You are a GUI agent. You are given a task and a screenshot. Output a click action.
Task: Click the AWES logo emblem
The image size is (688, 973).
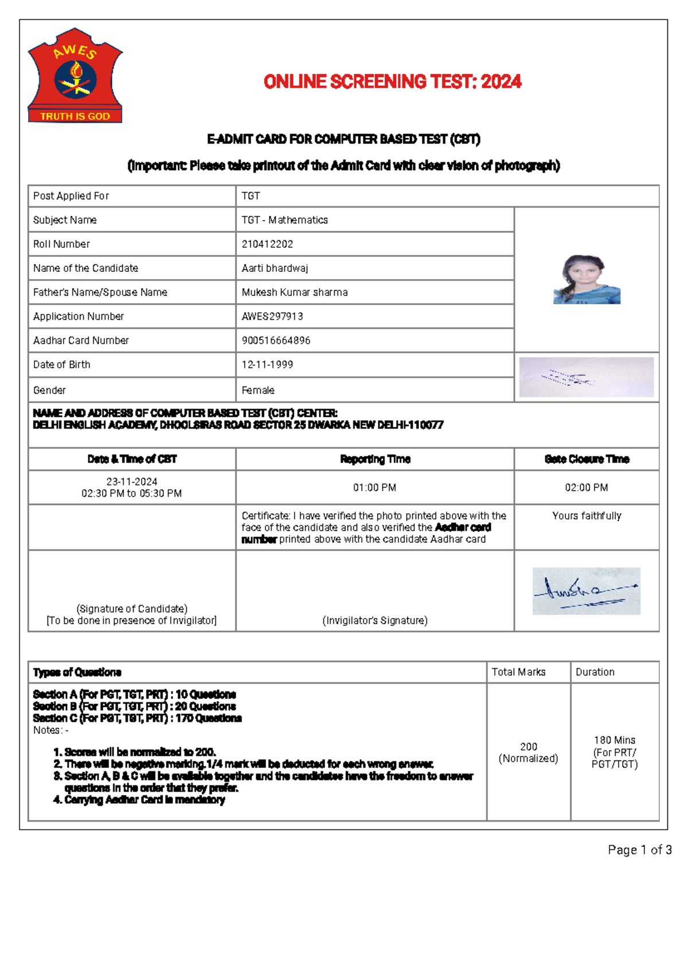tap(75, 75)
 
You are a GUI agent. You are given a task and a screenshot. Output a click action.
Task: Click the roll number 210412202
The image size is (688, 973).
tap(267, 244)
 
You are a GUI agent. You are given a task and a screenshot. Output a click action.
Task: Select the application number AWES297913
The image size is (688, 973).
tap(272, 316)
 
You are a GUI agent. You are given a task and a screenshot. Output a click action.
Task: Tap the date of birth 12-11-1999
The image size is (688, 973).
tap(267, 364)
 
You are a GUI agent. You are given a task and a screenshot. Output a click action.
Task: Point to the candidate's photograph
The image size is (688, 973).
tap(586, 279)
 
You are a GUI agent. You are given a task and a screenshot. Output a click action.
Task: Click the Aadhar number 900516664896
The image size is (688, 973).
tap(276, 340)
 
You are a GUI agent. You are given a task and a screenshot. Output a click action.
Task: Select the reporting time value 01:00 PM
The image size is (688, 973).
tap(374, 487)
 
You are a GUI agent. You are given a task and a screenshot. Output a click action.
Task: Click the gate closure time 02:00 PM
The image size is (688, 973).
tap(586, 487)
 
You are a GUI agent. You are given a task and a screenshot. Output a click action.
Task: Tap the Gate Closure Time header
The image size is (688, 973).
tap(586, 459)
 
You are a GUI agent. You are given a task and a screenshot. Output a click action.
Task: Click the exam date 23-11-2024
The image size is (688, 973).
tap(132, 482)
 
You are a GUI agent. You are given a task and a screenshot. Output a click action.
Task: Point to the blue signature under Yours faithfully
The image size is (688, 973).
tap(586, 591)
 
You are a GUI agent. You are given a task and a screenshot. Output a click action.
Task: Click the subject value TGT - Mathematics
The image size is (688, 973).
tap(284, 220)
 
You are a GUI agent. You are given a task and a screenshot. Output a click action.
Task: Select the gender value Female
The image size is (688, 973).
tap(258, 390)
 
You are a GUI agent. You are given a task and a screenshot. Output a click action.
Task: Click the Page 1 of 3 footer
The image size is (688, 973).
tap(639, 850)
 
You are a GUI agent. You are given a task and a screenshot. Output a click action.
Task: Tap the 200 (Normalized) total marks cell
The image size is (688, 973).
tap(528, 752)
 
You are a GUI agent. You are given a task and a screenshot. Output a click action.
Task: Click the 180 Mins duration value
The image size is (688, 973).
tap(615, 740)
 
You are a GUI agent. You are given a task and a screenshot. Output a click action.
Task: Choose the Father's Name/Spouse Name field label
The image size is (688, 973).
tap(100, 292)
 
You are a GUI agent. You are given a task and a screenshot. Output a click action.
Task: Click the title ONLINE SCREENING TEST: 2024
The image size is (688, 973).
tap(392, 82)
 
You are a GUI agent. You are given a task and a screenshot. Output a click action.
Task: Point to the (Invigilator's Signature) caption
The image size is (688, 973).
tap(374, 620)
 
